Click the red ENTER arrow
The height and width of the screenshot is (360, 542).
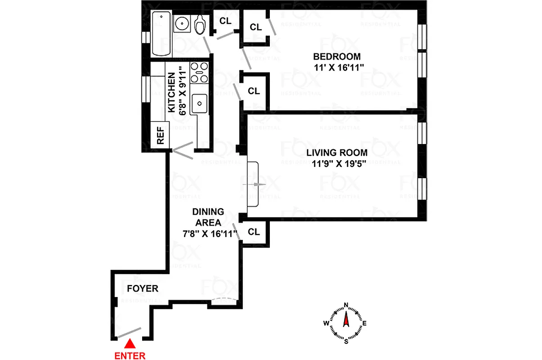click(130, 344)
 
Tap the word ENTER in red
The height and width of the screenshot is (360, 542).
click(130, 355)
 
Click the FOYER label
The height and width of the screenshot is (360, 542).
click(143, 288)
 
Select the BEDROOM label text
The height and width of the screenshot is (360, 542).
click(337, 57)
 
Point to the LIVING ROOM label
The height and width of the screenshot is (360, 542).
click(337, 153)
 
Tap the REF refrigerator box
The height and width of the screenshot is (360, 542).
click(160, 135)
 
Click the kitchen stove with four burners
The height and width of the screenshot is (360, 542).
click(199, 72)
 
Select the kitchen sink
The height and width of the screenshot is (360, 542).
click(199, 104)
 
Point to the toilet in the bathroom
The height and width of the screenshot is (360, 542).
click(200, 25)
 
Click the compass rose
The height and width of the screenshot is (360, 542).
click(346, 322)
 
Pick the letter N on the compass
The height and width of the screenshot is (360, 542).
click(346, 305)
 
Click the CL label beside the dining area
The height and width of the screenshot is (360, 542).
click(254, 232)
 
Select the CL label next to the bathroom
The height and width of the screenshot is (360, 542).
click(225, 20)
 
